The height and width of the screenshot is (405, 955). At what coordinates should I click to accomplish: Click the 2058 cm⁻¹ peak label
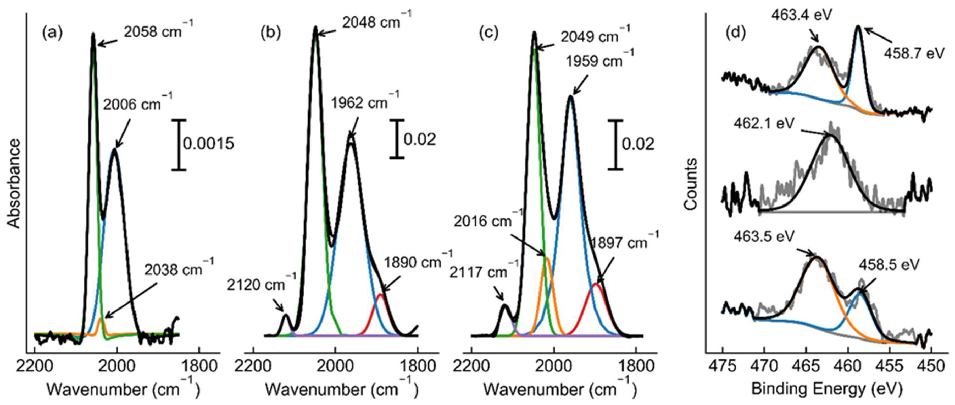click(x=158, y=31)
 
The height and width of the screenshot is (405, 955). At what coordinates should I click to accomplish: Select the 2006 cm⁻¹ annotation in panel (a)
click(x=137, y=104)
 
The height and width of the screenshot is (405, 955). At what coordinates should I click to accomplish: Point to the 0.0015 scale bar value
click(x=209, y=143)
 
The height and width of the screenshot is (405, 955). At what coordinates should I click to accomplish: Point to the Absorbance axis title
click(x=14, y=183)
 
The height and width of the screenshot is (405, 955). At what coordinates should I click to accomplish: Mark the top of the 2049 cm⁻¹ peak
click(x=534, y=33)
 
